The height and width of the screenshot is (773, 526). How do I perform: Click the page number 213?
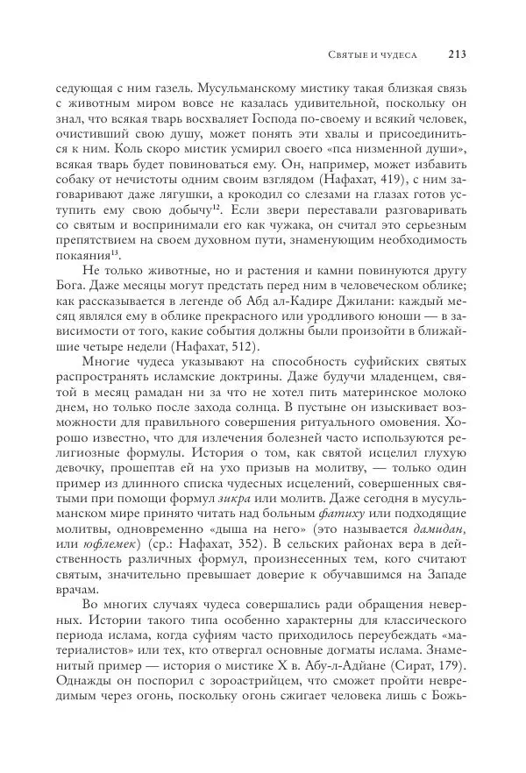click(x=455, y=54)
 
